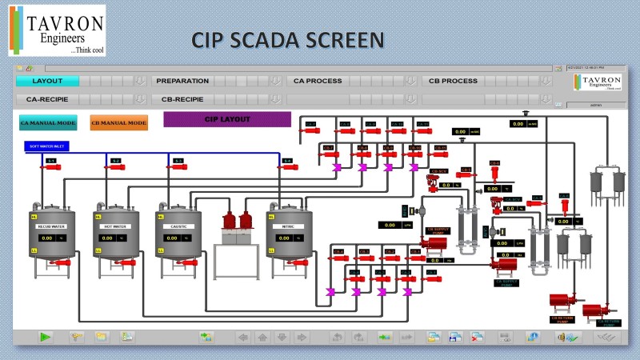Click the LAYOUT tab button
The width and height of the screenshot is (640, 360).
coord(46,81)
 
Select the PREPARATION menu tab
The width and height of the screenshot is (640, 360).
coord(182,81)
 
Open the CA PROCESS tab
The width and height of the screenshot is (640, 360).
coord(318,81)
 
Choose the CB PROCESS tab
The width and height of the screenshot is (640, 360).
coord(453,81)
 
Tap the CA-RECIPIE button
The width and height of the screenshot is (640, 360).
coord(47,100)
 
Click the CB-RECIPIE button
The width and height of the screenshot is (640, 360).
coord(182,100)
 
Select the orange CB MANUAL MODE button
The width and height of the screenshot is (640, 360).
coord(118,123)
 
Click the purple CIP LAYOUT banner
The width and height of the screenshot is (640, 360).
coord(227,119)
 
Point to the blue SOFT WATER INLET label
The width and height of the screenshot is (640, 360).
coord(47,146)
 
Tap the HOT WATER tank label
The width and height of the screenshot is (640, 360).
coord(116,226)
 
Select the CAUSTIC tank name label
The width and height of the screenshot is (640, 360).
coord(178,226)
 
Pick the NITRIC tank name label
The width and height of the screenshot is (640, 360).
coord(289,226)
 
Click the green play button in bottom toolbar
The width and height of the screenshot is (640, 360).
coord(46,337)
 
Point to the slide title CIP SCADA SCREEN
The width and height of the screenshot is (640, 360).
coord(287,39)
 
